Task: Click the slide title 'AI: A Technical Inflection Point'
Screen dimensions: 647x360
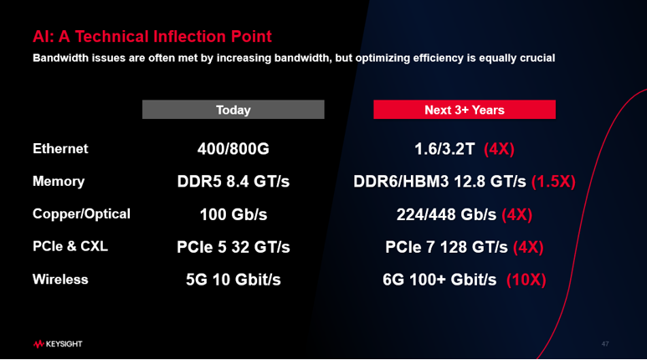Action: tap(152, 36)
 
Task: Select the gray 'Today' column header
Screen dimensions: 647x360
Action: tap(234, 110)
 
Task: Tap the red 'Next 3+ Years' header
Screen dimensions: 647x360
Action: tap(465, 110)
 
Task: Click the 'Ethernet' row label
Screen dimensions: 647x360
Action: tap(60, 149)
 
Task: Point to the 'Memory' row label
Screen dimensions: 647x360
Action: tap(59, 181)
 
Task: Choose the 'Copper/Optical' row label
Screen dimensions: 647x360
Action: tap(81, 213)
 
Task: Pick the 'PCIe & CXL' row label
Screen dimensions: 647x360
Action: tap(70, 246)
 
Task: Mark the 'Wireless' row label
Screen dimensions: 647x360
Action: tap(60, 280)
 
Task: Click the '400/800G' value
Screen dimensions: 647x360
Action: tap(234, 149)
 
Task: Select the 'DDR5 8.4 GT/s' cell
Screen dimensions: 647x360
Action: tap(234, 181)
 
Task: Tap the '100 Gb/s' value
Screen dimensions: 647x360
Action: tap(234, 214)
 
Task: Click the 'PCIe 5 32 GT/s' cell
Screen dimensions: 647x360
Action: tap(234, 247)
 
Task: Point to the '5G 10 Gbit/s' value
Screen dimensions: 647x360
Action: tap(234, 280)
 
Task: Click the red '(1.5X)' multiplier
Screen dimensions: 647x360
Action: tap(553, 182)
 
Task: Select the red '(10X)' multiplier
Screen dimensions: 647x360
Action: tap(526, 280)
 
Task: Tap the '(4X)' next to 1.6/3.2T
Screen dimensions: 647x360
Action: tap(499, 149)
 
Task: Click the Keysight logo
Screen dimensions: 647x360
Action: tap(58, 344)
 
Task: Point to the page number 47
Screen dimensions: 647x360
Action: tap(605, 344)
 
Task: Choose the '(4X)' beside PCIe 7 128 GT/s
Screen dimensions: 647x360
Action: tap(528, 247)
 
